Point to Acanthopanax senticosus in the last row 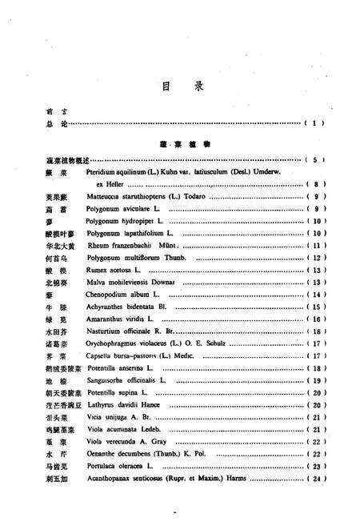point(128,479)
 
